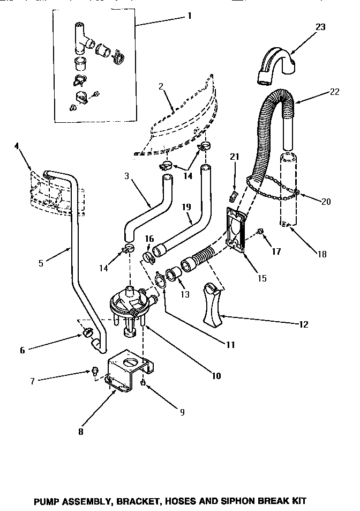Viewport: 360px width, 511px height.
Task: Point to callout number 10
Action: point(216,375)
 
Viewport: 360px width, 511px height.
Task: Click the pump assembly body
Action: point(131,303)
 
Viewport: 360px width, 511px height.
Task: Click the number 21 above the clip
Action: point(233,157)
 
